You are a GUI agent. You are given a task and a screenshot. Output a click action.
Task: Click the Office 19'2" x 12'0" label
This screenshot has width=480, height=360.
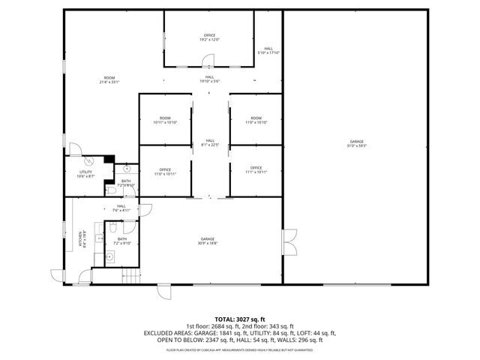click(210, 37)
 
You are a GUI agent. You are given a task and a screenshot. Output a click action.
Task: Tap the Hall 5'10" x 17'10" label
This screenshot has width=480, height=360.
click(268, 50)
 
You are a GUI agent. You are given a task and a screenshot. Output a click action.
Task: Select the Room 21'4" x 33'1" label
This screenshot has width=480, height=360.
click(109, 79)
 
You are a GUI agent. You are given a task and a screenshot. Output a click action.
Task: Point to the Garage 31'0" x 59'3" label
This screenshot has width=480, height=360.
click(356, 144)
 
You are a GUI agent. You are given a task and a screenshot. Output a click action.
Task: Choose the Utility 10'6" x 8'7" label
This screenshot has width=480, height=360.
click(85, 174)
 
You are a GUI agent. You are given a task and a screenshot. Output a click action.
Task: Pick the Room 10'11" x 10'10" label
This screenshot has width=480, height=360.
click(164, 120)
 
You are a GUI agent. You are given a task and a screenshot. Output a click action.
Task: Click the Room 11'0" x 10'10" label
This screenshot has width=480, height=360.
click(256, 120)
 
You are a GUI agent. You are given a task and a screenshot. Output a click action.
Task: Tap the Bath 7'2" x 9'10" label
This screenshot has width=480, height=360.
click(121, 241)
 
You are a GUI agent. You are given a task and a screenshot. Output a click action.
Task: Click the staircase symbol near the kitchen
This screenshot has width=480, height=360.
click(130, 276)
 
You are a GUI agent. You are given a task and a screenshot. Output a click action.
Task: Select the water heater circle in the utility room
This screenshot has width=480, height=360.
click(88, 159)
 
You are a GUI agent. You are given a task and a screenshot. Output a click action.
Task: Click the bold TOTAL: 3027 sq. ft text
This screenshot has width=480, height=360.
click(240, 319)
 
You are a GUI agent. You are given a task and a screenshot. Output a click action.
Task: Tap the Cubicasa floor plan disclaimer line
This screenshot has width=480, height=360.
click(240, 349)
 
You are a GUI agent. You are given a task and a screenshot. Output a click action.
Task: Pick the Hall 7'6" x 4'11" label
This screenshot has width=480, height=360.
click(121, 208)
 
